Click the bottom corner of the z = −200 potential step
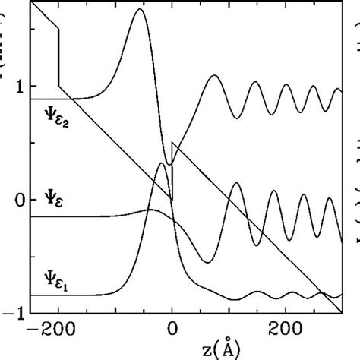coord(59,87)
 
